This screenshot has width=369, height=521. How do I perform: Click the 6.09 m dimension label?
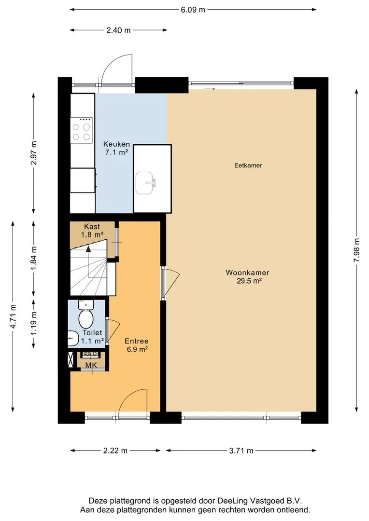(x=193, y=10)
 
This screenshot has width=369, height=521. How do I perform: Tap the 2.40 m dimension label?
(x=118, y=30)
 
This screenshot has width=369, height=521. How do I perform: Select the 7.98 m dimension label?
(x=357, y=250)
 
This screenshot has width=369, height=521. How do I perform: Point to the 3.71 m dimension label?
(x=241, y=451)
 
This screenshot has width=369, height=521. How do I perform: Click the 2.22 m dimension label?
(x=115, y=451)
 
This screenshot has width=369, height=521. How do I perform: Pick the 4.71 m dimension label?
(x=13, y=316)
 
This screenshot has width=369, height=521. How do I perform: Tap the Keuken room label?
(x=116, y=148)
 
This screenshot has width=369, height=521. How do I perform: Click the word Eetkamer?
(x=248, y=165)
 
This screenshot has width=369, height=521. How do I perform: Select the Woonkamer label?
(x=248, y=277)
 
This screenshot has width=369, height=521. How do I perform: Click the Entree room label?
(x=136, y=345)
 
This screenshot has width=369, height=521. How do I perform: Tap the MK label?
(x=91, y=365)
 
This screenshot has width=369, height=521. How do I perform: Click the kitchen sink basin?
(x=144, y=183)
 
